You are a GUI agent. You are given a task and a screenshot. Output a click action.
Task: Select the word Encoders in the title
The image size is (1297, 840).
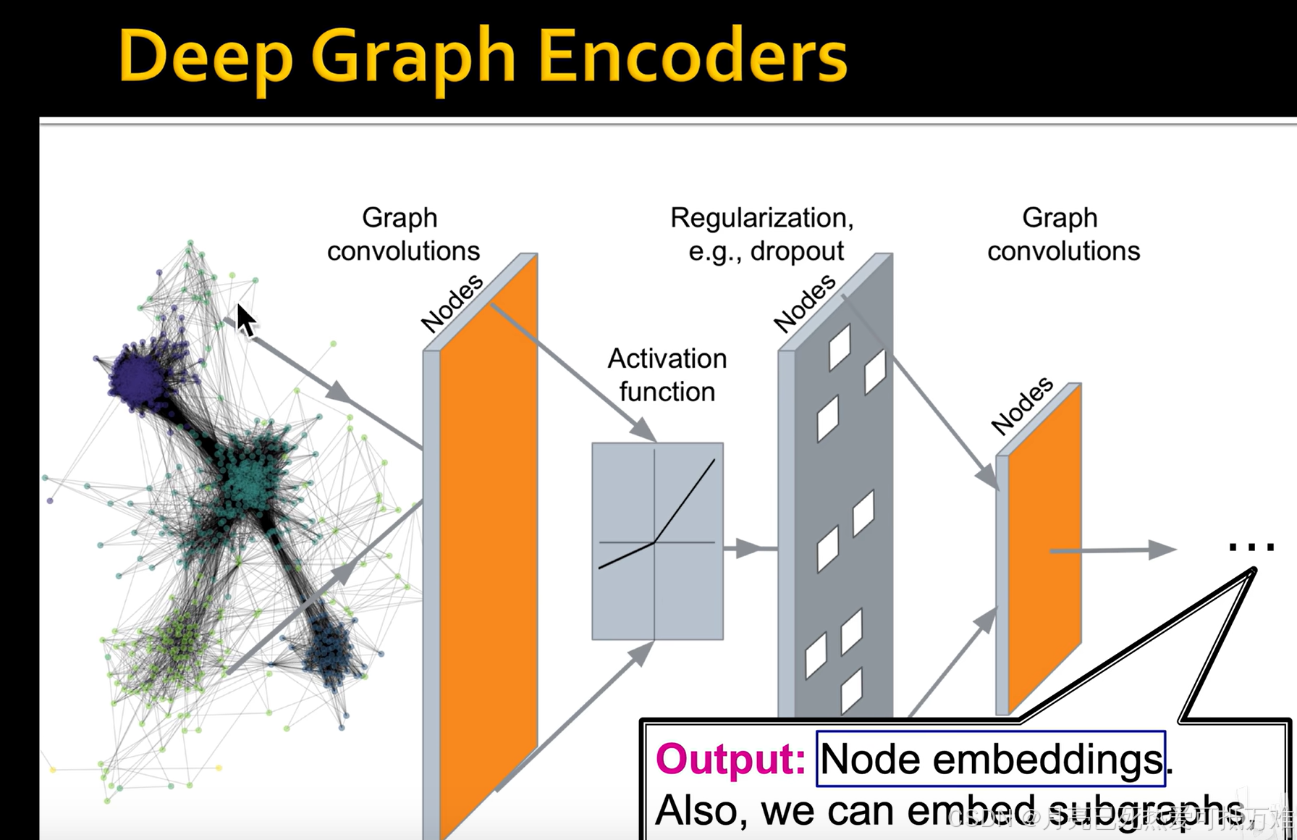692,56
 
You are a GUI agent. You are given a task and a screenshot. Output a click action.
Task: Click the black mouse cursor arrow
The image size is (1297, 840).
245,319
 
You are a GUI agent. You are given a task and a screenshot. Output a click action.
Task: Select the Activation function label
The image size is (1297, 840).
667,375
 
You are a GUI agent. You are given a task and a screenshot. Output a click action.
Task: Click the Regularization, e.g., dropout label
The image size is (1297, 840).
763,234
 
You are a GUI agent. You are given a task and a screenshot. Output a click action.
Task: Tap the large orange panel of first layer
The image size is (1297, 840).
488,543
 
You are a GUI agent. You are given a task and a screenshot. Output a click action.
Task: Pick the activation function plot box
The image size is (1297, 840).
657,541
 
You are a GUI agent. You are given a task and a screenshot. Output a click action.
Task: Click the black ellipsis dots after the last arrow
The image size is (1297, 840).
1251,547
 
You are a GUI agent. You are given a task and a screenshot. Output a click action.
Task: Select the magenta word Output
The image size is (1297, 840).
730,760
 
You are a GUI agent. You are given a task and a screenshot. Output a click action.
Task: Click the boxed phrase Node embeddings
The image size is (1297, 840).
991,760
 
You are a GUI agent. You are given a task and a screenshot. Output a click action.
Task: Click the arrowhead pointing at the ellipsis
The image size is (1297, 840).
1162,550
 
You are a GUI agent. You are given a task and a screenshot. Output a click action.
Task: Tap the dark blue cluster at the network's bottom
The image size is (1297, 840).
329,648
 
